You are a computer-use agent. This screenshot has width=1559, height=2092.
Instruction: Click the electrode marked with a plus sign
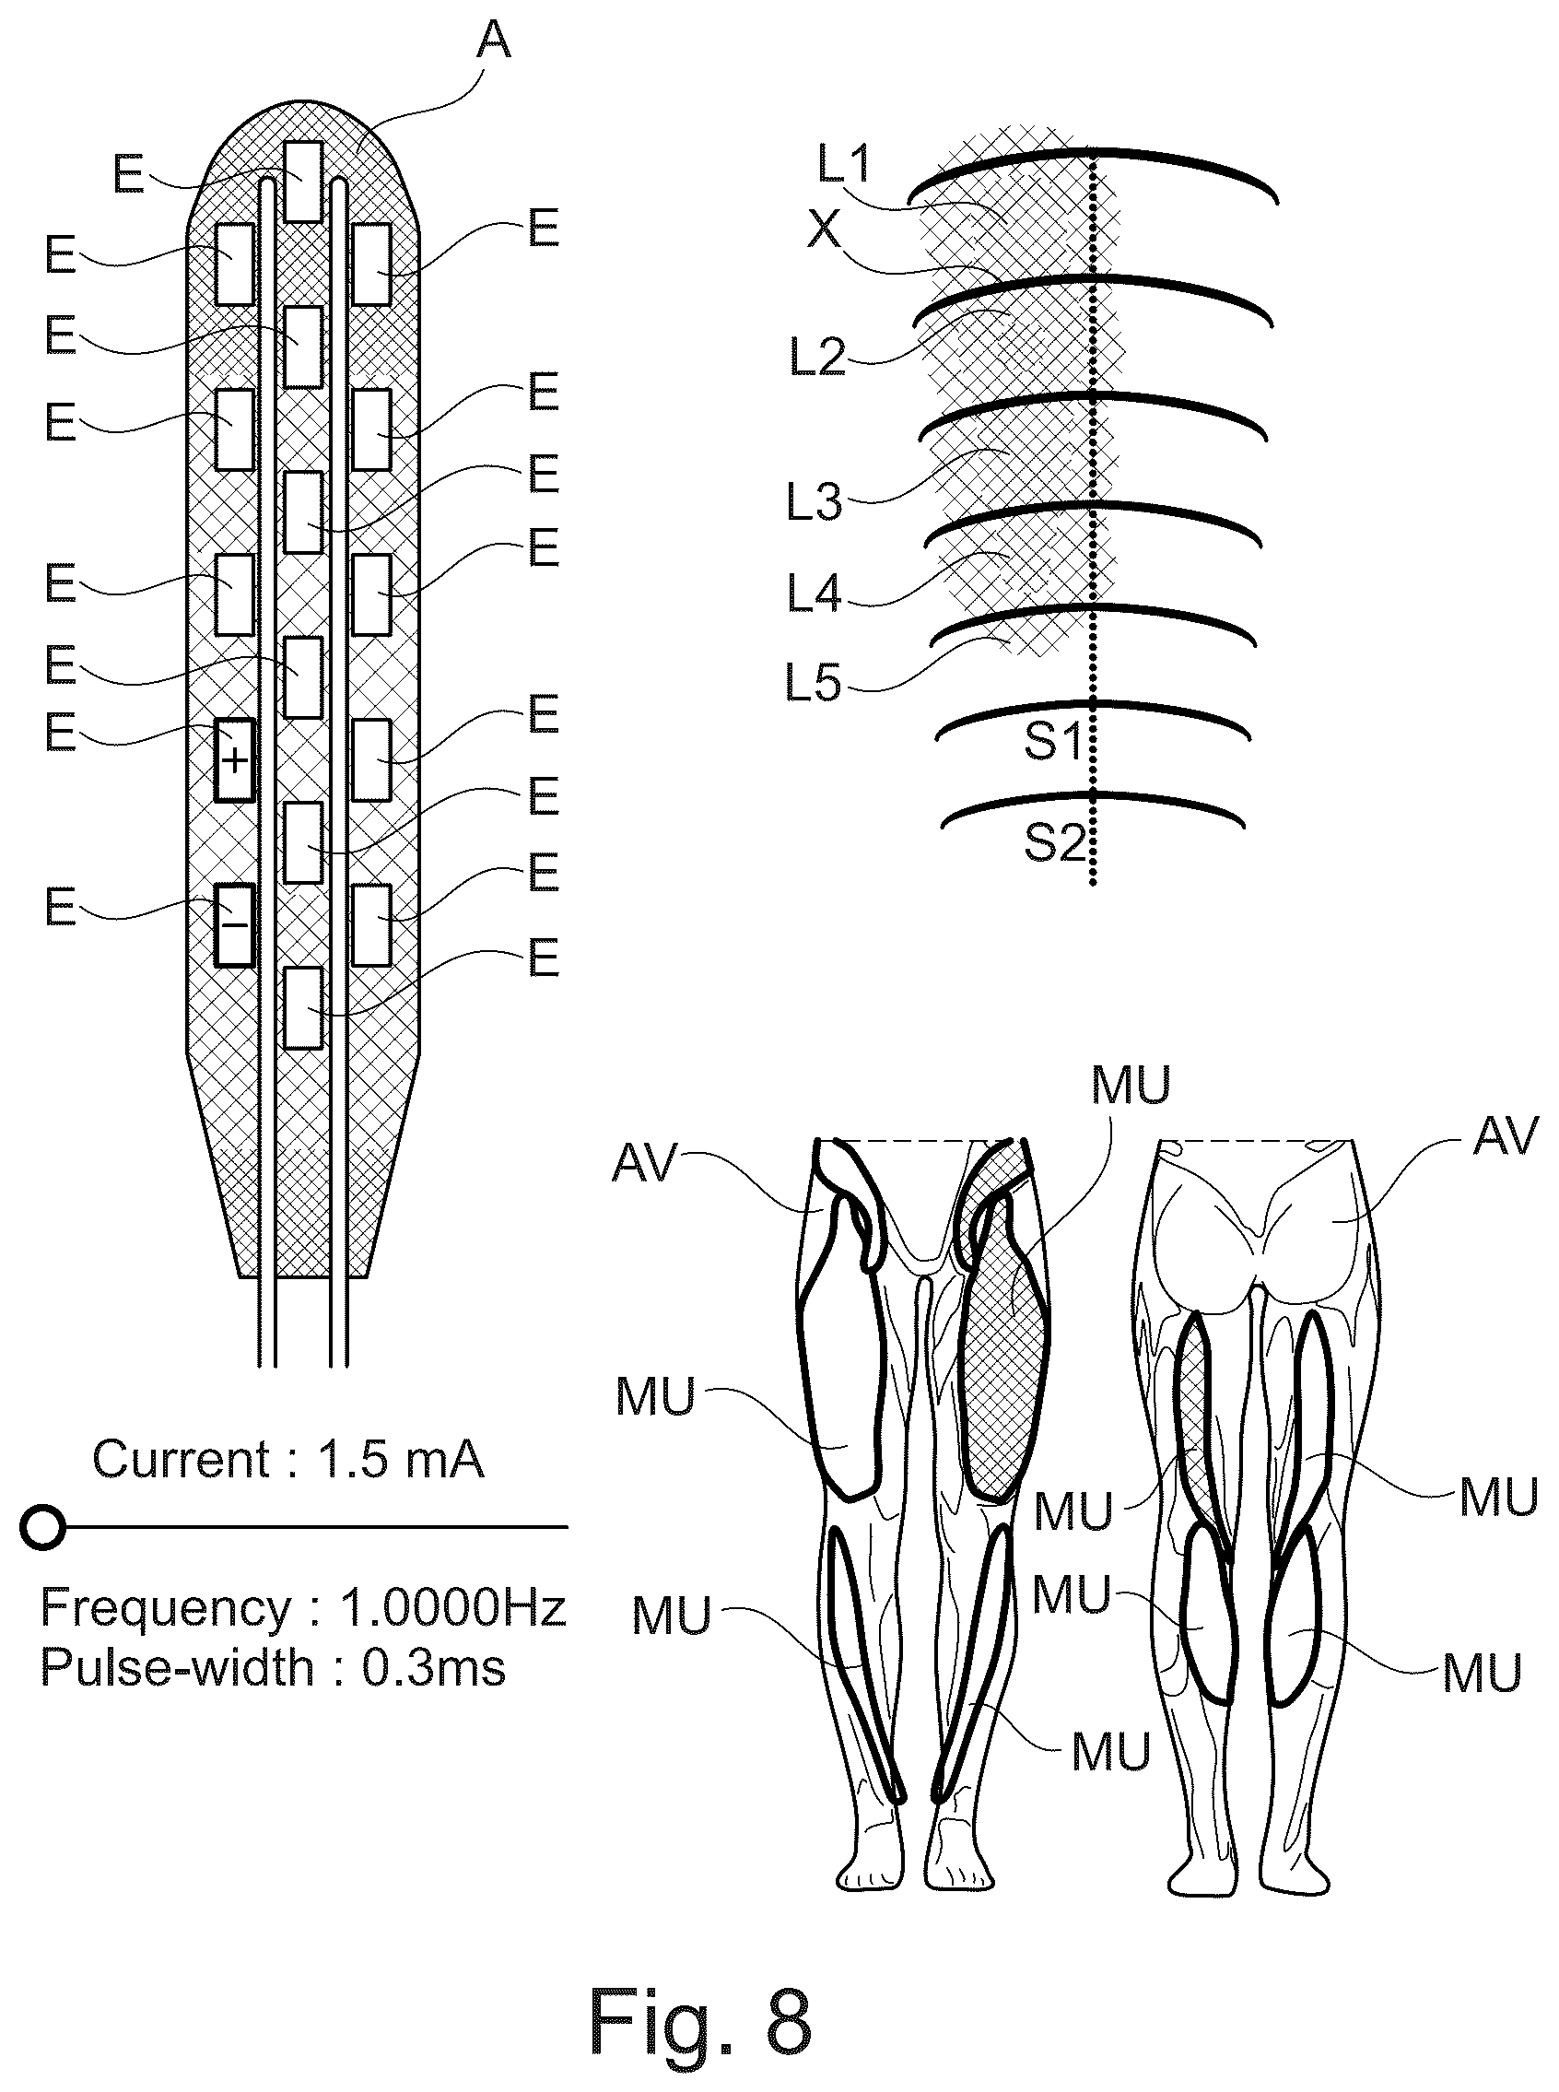click(x=235, y=759)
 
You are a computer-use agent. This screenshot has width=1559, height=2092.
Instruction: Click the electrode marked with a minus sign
click(x=235, y=924)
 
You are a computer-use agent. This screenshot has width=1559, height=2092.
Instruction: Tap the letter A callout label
click(x=493, y=41)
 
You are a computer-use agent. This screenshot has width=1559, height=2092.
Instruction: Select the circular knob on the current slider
click(x=43, y=1526)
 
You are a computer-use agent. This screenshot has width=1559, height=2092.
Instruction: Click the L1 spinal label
click(x=845, y=164)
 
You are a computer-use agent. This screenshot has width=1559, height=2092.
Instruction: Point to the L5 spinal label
click(x=814, y=682)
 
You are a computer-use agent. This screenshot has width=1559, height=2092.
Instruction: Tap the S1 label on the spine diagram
click(x=1053, y=742)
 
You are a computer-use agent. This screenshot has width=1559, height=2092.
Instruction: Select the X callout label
click(x=824, y=229)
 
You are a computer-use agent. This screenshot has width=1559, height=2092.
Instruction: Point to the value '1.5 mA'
click(x=401, y=1459)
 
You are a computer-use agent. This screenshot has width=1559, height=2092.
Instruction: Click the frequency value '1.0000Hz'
click(x=453, y=1607)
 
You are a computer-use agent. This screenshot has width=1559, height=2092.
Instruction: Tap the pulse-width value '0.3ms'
click(x=434, y=1667)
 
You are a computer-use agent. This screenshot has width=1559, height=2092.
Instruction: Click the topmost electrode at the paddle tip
click(x=303, y=182)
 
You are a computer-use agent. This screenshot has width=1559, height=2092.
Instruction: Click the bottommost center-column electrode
click(x=303, y=1008)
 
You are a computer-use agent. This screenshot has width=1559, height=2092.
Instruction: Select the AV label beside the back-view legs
click(x=1507, y=1136)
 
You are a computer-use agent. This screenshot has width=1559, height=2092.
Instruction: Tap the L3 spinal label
click(x=815, y=503)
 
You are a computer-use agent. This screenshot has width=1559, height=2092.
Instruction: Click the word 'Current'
click(x=182, y=1459)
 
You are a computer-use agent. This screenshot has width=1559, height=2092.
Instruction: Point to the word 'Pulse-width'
click(x=177, y=1667)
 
